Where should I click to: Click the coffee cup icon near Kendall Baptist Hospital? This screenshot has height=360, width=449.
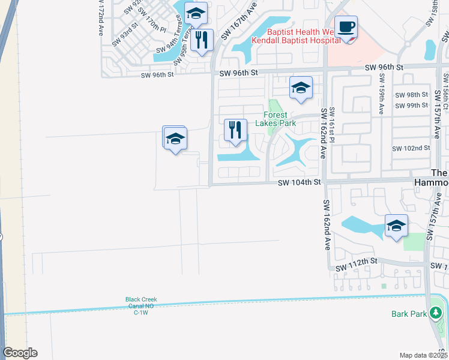pyautogui.click(x=346, y=28)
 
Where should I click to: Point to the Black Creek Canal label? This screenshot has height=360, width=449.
pyautogui.click(x=140, y=305)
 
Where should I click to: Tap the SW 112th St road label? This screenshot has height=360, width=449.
pyautogui.click(x=356, y=261)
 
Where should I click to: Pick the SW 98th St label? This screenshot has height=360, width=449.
pyautogui.click(x=411, y=95)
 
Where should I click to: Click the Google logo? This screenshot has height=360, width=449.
pyautogui.click(x=20, y=353)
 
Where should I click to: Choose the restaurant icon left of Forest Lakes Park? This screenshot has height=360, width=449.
pyautogui.click(x=235, y=130)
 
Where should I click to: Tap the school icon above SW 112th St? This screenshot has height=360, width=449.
pyautogui.click(x=396, y=226)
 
